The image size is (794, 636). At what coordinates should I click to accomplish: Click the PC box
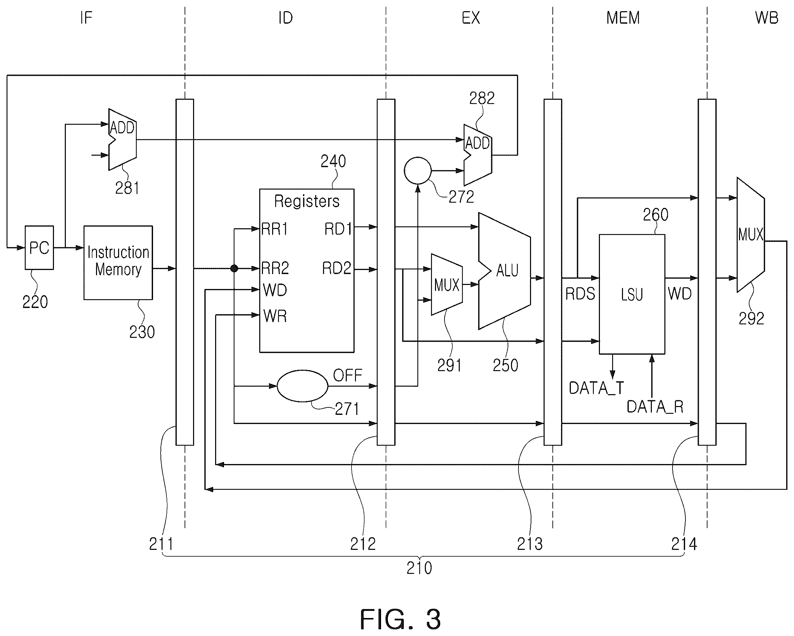(x=39, y=247)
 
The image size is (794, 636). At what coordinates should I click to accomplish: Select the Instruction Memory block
(x=118, y=263)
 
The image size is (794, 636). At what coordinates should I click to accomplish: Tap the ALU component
(x=504, y=271)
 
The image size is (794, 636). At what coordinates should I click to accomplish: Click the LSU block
(x=631, y=294)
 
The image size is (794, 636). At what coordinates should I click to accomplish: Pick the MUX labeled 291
(x=447, y=285)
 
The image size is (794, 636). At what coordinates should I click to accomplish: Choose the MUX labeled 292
(x=751, y=234)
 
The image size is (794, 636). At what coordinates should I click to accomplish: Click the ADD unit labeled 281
(x=122, y=139)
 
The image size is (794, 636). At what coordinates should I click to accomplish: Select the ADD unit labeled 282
(x=477, y=155)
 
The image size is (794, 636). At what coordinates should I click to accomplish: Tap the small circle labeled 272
(x=417, y=170)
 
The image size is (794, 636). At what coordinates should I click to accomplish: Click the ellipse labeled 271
(x=302, y=386)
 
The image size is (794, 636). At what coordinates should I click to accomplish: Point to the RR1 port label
(x=275, y=229)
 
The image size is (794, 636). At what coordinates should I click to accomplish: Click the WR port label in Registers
(x=275, y=316)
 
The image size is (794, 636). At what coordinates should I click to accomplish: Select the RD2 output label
(x=337, y=268)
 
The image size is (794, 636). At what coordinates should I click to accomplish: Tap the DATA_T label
(x=596, y=388)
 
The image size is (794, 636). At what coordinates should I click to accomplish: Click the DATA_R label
(x=655, y=407)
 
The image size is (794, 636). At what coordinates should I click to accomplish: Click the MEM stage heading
(x=623, y=18)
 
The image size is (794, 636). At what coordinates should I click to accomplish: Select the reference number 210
(x=419, y=568)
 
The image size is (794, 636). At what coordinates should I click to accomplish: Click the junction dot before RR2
(x=234, y=268)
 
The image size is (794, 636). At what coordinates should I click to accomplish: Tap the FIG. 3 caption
(x=400, y=619)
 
